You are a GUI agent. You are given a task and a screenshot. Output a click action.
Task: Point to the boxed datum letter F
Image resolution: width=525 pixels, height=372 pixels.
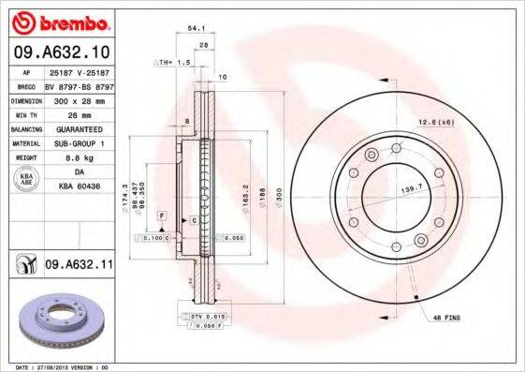pyautogui.click(x=161, y=216)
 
